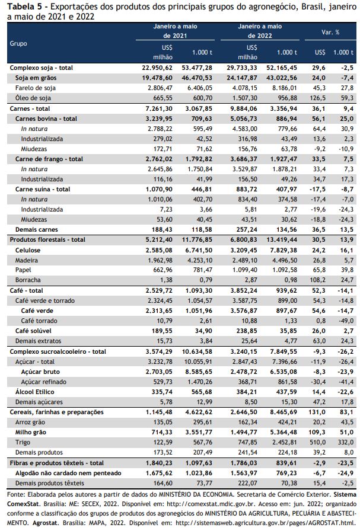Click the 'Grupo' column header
click(18, 43)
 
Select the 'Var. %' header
click(330, 33)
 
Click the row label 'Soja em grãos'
click(36, 78)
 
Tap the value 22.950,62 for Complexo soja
click(157, 68)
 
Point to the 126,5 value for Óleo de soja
click(317, 98)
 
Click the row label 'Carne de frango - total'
click(49, 159)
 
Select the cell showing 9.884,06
click(242, 108)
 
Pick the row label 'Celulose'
click(28, 250)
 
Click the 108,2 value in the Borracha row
click(317, 280)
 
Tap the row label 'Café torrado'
click(39, 321)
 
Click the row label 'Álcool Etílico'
click(35, 392)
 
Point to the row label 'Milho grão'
click(31, 432)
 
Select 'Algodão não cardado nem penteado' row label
click(68, 473)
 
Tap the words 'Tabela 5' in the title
click(21, 7)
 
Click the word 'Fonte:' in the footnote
click(16, 495)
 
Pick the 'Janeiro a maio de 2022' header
click(260, 31)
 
